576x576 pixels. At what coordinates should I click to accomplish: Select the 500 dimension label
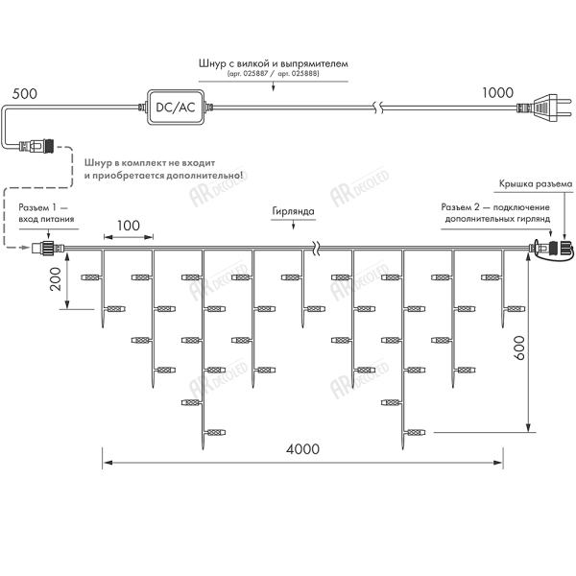click(x=25, y=93)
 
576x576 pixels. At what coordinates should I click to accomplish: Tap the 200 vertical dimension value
click(x=56, y=280)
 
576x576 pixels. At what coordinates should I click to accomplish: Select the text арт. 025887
click(x=252, y=73)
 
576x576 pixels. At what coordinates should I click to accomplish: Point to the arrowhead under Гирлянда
click(x=292, y=230)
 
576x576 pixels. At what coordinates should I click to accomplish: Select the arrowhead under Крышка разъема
click(x=564, y=233)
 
